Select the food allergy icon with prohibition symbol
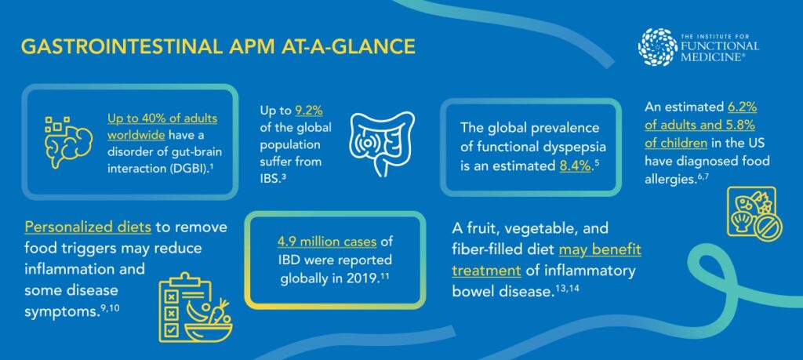pyautogui.click(x=754, y=214)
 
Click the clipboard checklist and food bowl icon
pyautogui.click(x=195, y=308)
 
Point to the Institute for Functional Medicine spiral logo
pyautogui.click(x=658, y=46)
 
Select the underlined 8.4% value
pyautogui.click(x=573, y=166)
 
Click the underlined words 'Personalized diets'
pyautogui.click(x=88, y=227)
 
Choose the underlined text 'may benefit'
pyautogui.click(x=600, y=250)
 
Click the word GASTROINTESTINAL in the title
pyautogui.click(x=122, y=46)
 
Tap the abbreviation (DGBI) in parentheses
pyautogui.click(x=183, y=169)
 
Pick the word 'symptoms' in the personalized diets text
pyautogui.click(x=61, y=312)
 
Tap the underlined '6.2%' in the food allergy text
pyautogui.click(x=742, y=108)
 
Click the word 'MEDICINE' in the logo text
pyautogui.click(x=709, y=56)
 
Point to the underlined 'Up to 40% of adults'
pyautogui.click(x=162, y=118)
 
